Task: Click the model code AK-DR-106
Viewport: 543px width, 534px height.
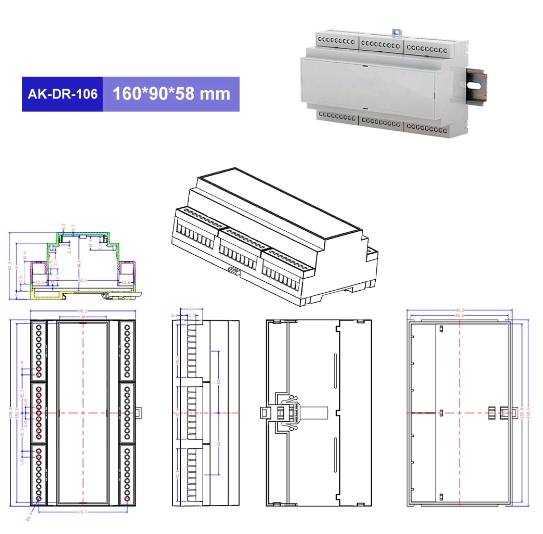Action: pos(63,94)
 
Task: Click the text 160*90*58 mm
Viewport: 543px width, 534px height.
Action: pos(171,94)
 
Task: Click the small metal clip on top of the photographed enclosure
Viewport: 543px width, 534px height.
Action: pos(397,32)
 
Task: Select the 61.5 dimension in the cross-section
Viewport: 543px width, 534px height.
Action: pos(83,280)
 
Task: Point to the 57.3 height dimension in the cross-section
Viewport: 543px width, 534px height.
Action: pos(10,266)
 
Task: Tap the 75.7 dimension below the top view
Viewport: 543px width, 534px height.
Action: pos(83,512)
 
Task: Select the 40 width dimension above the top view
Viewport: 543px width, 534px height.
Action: pos(83,317)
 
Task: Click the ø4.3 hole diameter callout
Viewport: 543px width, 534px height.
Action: pos(29,516)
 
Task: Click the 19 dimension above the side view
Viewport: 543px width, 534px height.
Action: pos(191,309)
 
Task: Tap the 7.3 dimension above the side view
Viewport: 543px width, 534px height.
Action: pos(191,315)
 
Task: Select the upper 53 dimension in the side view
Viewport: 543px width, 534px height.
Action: pos(219,382)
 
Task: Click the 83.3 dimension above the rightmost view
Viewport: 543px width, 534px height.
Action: pos(459,315)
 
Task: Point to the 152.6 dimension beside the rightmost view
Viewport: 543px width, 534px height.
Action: pos(522,413)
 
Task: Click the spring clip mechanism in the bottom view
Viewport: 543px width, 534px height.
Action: pos(289,413)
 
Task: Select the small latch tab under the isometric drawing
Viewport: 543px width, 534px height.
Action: pos(235,271)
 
